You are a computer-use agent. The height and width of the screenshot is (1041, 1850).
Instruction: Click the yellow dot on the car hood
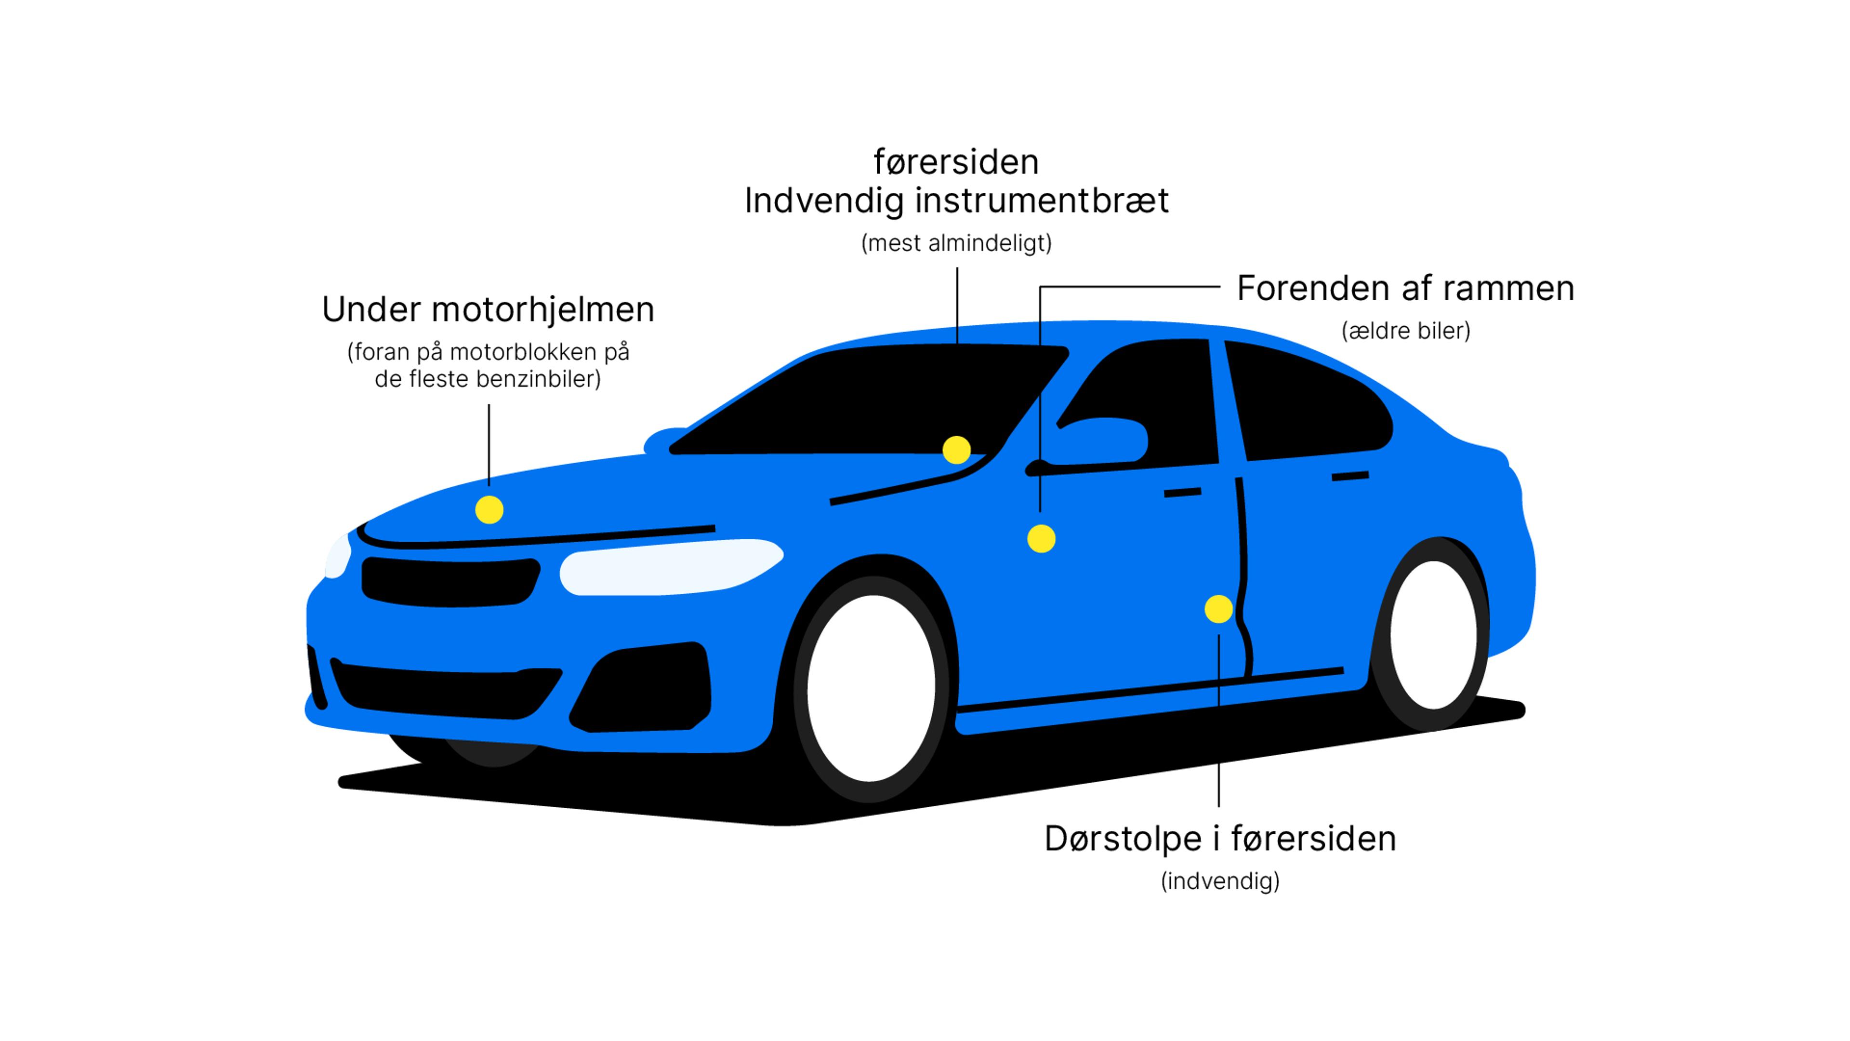click(489, 510)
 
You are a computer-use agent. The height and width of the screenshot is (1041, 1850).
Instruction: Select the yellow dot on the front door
click(1041, 538)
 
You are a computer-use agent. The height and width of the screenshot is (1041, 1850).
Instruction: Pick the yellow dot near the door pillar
click(1219, 609)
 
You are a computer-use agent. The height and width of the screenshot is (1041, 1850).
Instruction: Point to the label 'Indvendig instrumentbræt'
click(957, 201)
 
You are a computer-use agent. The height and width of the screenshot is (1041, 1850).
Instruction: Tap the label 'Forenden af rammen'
click(1405, 289)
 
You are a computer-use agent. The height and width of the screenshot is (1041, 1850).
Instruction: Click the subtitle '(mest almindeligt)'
click(957, 243)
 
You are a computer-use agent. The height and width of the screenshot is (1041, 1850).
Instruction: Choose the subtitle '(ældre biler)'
click(1405, 331)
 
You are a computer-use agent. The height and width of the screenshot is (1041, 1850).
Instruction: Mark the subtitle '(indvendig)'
click(1220, 881)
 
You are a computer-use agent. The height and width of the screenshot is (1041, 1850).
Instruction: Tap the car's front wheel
click(871, 688)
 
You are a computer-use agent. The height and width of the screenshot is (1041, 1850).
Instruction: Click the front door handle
click(1182, 492)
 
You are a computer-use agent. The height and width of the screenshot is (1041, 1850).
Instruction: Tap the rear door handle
click(1350, 476)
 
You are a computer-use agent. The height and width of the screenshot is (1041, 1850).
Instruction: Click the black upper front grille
click(450, 580)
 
